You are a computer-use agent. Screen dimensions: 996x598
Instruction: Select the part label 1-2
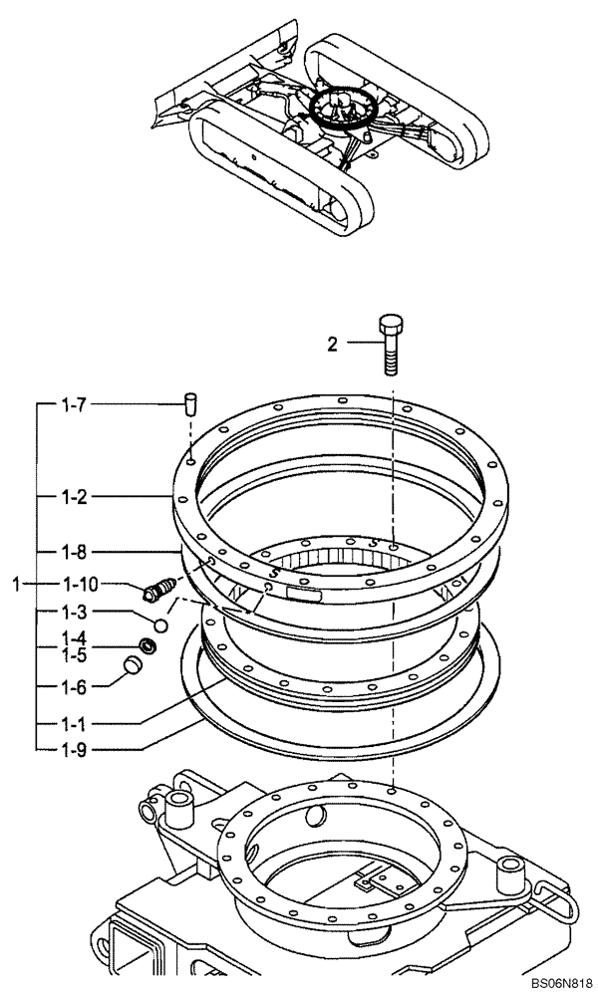[x=74, y=495]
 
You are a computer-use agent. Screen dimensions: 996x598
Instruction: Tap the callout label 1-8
[x=74, y=551]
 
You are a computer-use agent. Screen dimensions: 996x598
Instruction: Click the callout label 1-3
[x=74, y=613]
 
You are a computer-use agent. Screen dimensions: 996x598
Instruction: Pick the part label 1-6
[x=74, y=685]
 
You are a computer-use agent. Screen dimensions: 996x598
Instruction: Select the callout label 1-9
[x=74, y=747]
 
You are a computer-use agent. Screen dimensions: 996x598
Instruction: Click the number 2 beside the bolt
[x=332, y=345]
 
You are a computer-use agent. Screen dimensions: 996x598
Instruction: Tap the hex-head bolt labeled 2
[x=391, y=344]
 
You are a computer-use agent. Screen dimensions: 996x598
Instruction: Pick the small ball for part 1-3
[x=160, y=623]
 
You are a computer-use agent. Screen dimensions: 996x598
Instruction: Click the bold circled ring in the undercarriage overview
[x=341, y=109]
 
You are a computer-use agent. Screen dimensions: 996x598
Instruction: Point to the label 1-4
[x=74, y=638]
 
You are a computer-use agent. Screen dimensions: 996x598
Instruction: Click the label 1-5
[x=74, y=654]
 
